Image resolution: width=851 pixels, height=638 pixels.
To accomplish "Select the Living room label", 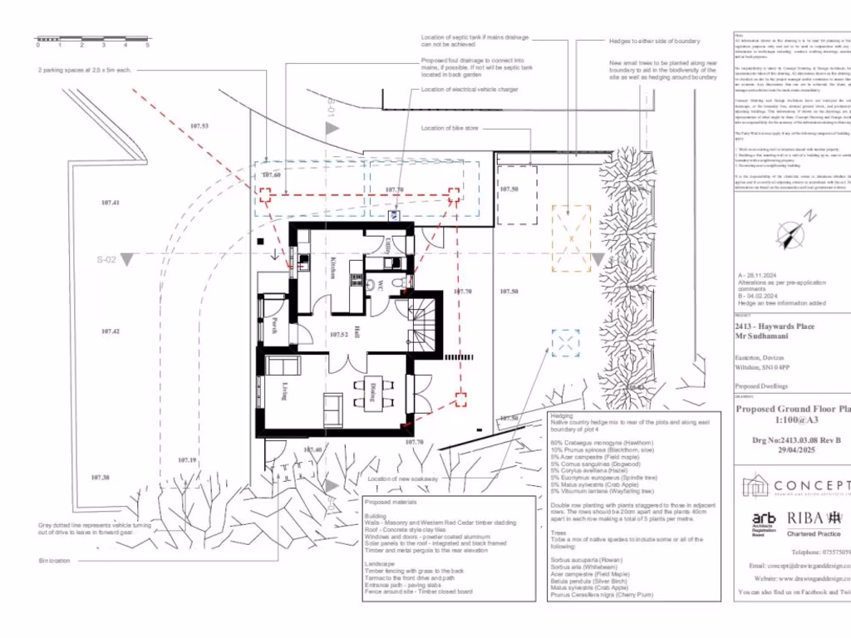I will coord(284,389).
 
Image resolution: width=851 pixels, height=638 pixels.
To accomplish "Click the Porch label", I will coord(273,326).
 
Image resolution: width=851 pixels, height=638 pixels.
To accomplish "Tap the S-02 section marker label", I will coord(105,259).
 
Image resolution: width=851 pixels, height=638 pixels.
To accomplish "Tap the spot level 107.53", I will coord(199,126).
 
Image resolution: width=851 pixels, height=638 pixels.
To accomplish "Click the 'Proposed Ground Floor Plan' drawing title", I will coord(793,409).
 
